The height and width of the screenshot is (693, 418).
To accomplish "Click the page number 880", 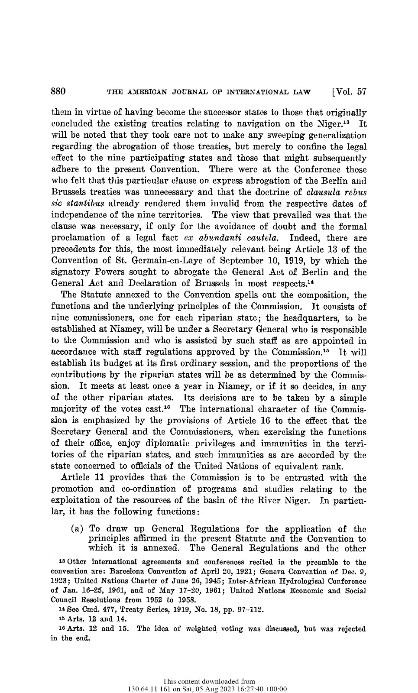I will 58,91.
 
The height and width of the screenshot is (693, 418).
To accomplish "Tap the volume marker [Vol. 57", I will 349,91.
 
